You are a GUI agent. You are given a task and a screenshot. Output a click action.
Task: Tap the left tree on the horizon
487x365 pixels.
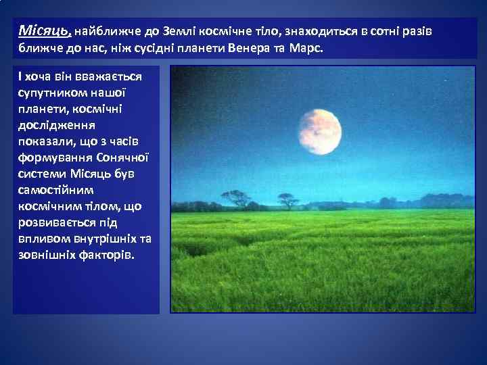click(x=235, y=198)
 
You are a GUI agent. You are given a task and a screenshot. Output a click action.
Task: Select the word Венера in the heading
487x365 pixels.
click(x=258, y=49)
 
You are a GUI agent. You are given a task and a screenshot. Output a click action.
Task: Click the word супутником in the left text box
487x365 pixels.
click(x=55, y=93)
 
